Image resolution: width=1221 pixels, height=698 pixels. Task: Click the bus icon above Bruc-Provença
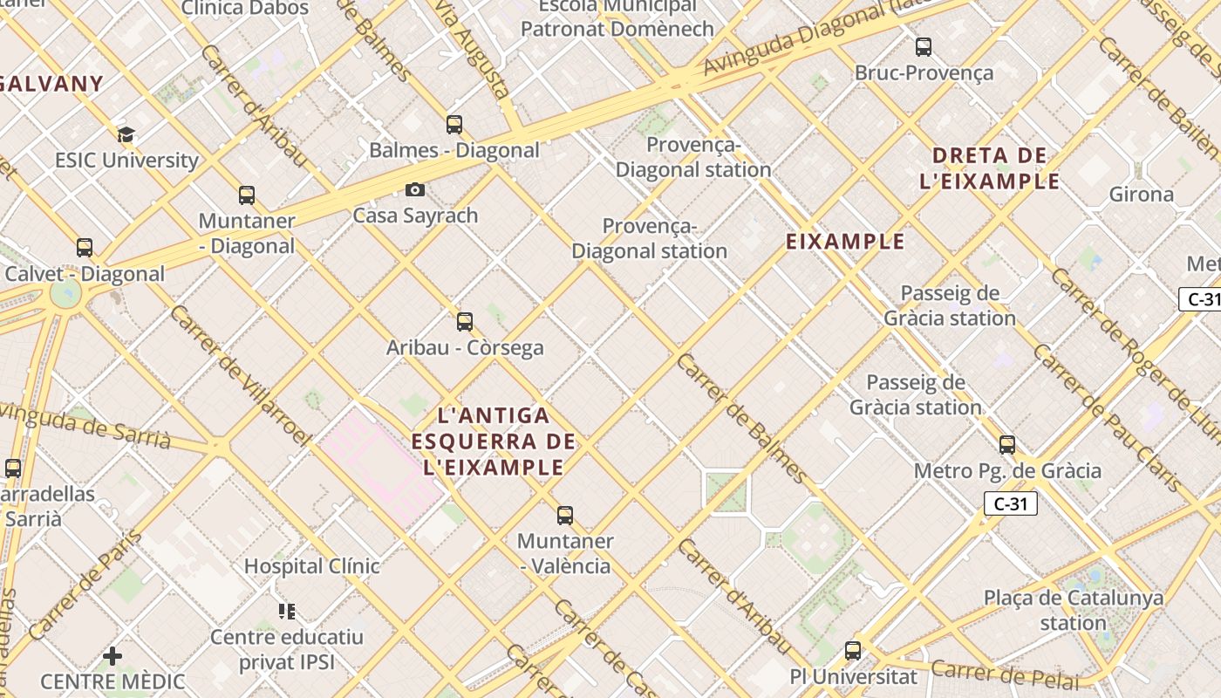pos(924,47)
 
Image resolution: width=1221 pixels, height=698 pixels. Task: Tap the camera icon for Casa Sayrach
pos(415,189)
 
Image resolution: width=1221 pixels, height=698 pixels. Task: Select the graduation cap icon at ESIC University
pos(126,134)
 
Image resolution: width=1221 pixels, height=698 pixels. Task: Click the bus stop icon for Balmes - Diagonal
pos(454,125)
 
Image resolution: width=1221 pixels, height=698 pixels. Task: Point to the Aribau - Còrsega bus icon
pos(465,322)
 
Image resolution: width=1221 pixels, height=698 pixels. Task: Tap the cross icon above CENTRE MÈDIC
pos(113,655)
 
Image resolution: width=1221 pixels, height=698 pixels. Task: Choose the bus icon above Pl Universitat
pos(853,651)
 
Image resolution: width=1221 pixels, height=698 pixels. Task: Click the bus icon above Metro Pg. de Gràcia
pos(1007,445)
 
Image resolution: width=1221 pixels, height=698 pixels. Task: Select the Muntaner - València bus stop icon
pos(565,516)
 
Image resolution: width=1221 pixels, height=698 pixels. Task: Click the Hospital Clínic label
pos(311,566)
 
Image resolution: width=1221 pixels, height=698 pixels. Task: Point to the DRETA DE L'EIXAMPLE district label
pos(990,168)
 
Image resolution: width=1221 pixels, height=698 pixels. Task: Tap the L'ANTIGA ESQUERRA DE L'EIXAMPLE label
pos(494,441)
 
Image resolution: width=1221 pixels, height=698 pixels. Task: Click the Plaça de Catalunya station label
pos(1074,611)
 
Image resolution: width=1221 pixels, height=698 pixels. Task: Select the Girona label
pos(1141,194)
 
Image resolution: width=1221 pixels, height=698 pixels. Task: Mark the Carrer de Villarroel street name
pos(240,375)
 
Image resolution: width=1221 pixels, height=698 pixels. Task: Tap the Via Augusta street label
pos(473,48)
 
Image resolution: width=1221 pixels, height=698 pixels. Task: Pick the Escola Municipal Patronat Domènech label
pos(617,17)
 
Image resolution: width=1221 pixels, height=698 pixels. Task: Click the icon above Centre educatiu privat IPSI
pos(287,612)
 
